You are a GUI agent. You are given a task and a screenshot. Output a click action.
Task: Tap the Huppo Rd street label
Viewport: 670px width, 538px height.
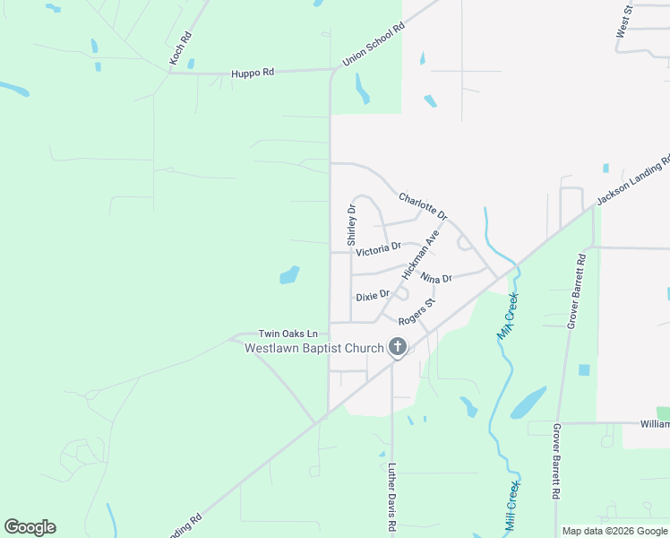click(252, 73)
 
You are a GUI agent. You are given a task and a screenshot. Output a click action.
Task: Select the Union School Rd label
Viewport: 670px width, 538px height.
click(374, 45)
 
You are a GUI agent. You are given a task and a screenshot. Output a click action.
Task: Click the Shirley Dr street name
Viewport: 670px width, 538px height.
click(352, 225)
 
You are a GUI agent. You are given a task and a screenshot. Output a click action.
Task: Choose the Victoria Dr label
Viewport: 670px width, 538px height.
click(378, 249)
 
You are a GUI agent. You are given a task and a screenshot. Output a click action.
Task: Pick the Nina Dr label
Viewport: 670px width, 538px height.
click(436, 280)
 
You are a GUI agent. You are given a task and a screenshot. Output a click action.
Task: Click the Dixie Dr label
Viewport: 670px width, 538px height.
click(373, 295)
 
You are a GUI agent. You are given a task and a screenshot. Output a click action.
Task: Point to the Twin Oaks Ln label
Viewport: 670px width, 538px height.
click(288, 333)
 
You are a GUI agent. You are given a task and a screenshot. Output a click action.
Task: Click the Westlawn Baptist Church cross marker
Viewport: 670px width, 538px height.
click(397, 347)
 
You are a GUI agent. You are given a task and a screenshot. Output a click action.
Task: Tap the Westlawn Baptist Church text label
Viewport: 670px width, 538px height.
click(314, 348)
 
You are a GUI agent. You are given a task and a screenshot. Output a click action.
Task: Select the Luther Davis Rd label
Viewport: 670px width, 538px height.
click(391, 498)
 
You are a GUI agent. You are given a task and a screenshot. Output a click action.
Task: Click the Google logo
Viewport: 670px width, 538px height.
click(30, 527)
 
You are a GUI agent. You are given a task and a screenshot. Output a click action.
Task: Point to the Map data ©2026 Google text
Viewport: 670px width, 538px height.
click(615, 531)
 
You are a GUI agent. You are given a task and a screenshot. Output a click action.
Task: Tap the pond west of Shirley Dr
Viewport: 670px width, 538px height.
click(289, 274)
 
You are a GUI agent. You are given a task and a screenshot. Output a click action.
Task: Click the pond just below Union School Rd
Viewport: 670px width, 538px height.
click(362, 88)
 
